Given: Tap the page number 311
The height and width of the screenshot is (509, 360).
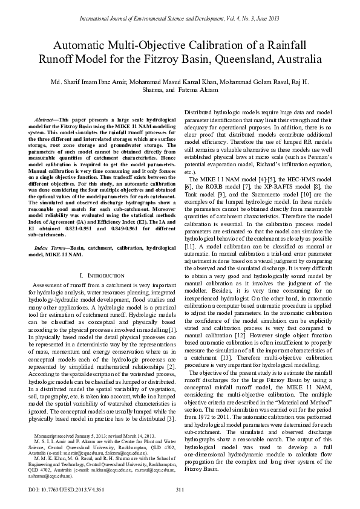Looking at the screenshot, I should click(179, 488).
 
